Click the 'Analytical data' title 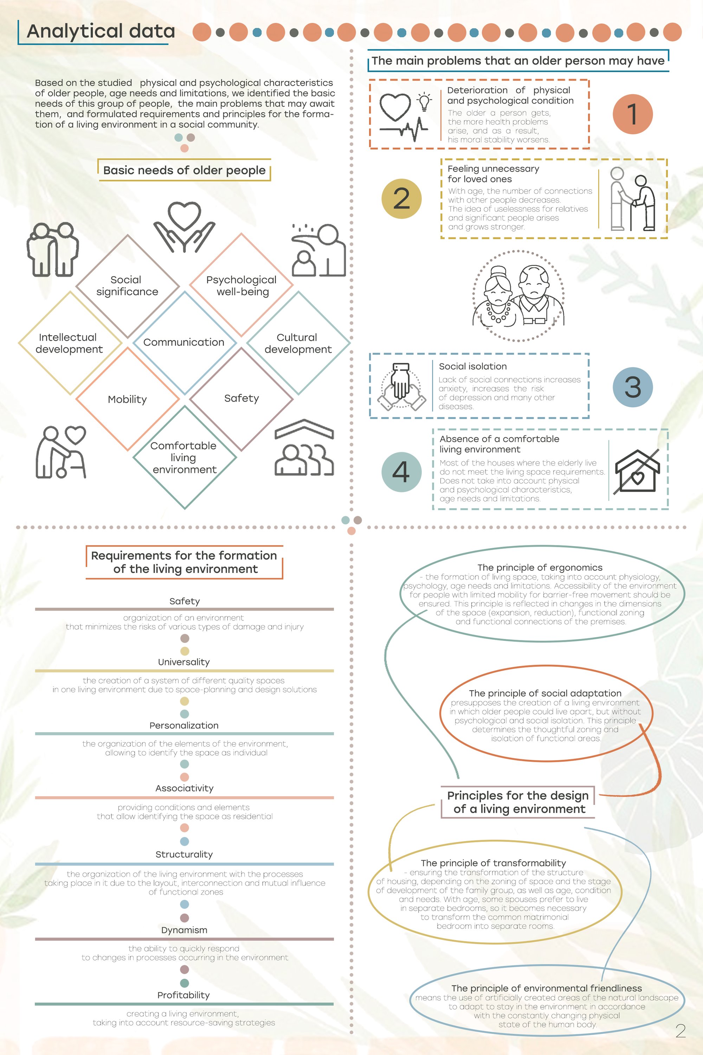pyautogui.click(x=101, y=31)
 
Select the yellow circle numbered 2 pyautogui.click(x=401, y=199)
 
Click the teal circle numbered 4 pyautogui.click(x=401, y=472)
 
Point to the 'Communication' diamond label pyautogui.click(x=184, y=342)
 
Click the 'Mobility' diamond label pyautogui.click(x=127, y=399)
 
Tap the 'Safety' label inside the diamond pyautogui.click(x=242, y=398)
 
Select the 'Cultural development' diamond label pyautogui.click(x=298, y=343)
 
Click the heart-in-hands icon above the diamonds pyautogui.click(x=184, y=226)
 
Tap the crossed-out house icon pyautogui.click(x=637, y=471)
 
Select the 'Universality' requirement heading pyautogui.click(x=184, y=662)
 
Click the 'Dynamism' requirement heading pyautogui.click(x=184, y=930)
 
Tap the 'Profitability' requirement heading pyautogui.click(x=184, y=995)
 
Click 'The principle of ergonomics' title pyautogui.click(x=540, y=568)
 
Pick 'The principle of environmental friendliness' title pyautogui.click(x=547, y=988)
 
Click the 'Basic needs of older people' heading pyautogui.click(x=184, y=171)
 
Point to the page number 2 pyautogui.click(x=680, y=1031)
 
